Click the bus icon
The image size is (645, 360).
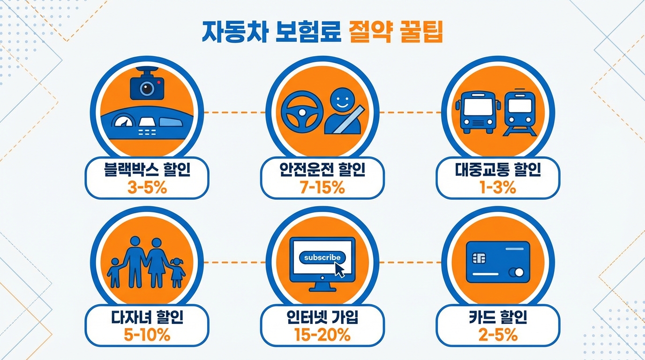tap(476, 112)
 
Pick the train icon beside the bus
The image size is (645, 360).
tap(519, 112)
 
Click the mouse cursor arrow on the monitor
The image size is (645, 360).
tap(340, 269)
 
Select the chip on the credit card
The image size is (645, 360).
tap(480, 258)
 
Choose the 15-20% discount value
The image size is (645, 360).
tap(322, 335)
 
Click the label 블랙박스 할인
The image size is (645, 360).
tap(147, 170)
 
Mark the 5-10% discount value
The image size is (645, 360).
tap(147, 335)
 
